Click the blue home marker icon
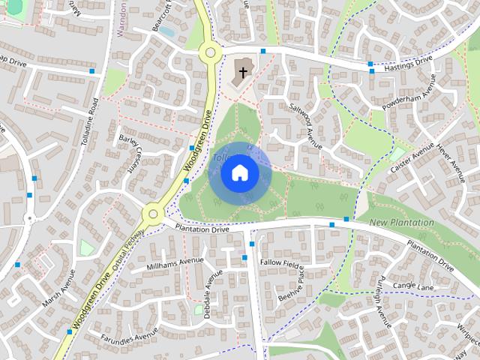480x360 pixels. tap(239, 172)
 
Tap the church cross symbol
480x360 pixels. tap(242, 73)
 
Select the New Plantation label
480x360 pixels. tap(401, 223)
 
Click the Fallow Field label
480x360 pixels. tap(280, 263)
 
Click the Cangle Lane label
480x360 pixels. tap(414, 286)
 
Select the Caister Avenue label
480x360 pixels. tap(412, 157)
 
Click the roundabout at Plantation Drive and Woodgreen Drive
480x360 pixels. tap(152, 216)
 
